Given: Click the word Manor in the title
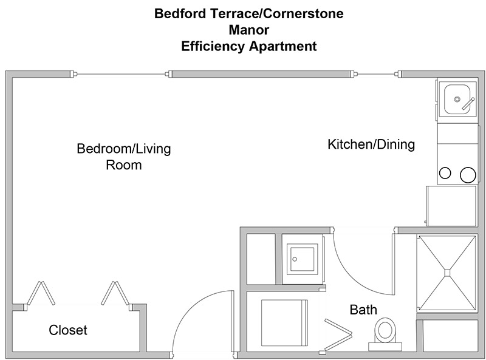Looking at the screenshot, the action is [249, 30].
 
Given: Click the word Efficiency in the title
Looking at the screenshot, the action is [213, 47].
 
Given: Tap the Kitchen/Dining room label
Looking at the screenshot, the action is [371, 144].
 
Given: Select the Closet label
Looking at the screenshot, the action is [68, 330].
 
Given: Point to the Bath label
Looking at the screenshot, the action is [363, 310].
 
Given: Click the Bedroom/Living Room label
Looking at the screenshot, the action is [124, 157].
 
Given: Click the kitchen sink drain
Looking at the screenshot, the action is [457, 100].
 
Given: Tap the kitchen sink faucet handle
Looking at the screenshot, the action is [468, 104].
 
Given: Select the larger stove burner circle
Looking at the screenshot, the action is [468, 175].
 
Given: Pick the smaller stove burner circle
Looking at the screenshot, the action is [445, 173].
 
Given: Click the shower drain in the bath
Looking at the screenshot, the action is [447, 273].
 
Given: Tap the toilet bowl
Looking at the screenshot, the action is [385, 330].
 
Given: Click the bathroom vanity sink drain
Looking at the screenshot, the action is [295, 259].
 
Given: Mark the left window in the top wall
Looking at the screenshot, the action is [121, 74].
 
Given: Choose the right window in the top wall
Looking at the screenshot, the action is [377, 74].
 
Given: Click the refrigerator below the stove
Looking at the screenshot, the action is [451, 206].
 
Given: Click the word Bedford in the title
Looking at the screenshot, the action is [180, 13].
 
